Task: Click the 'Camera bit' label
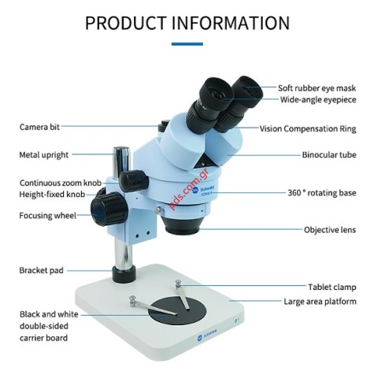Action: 39,127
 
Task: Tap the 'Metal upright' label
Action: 44,155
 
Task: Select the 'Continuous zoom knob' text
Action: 61,183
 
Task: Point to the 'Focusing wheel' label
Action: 48,216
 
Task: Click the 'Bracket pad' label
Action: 42,270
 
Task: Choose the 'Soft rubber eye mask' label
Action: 317,88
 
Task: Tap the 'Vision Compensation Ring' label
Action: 308,129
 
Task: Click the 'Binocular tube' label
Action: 329,155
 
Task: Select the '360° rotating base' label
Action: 322,193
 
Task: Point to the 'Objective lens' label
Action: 330,230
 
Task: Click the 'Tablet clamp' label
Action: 332,287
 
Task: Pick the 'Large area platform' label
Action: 321,302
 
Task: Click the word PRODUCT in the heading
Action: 126,23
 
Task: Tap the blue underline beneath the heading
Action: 187,44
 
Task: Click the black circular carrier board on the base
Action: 177,312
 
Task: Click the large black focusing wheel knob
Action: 109,209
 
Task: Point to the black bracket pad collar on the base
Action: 124,274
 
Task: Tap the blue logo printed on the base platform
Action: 207,335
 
